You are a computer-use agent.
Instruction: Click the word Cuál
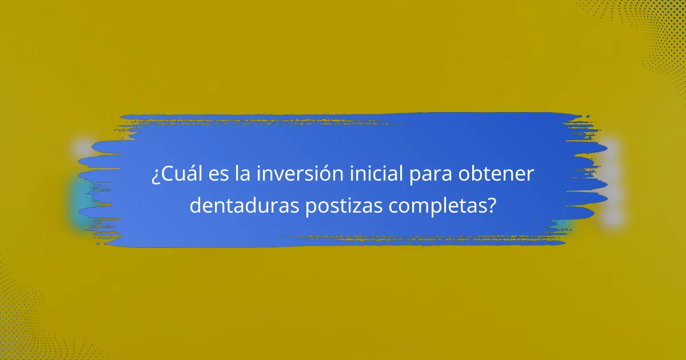point(178,174)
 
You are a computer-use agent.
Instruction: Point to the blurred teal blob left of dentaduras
point(77,200)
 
